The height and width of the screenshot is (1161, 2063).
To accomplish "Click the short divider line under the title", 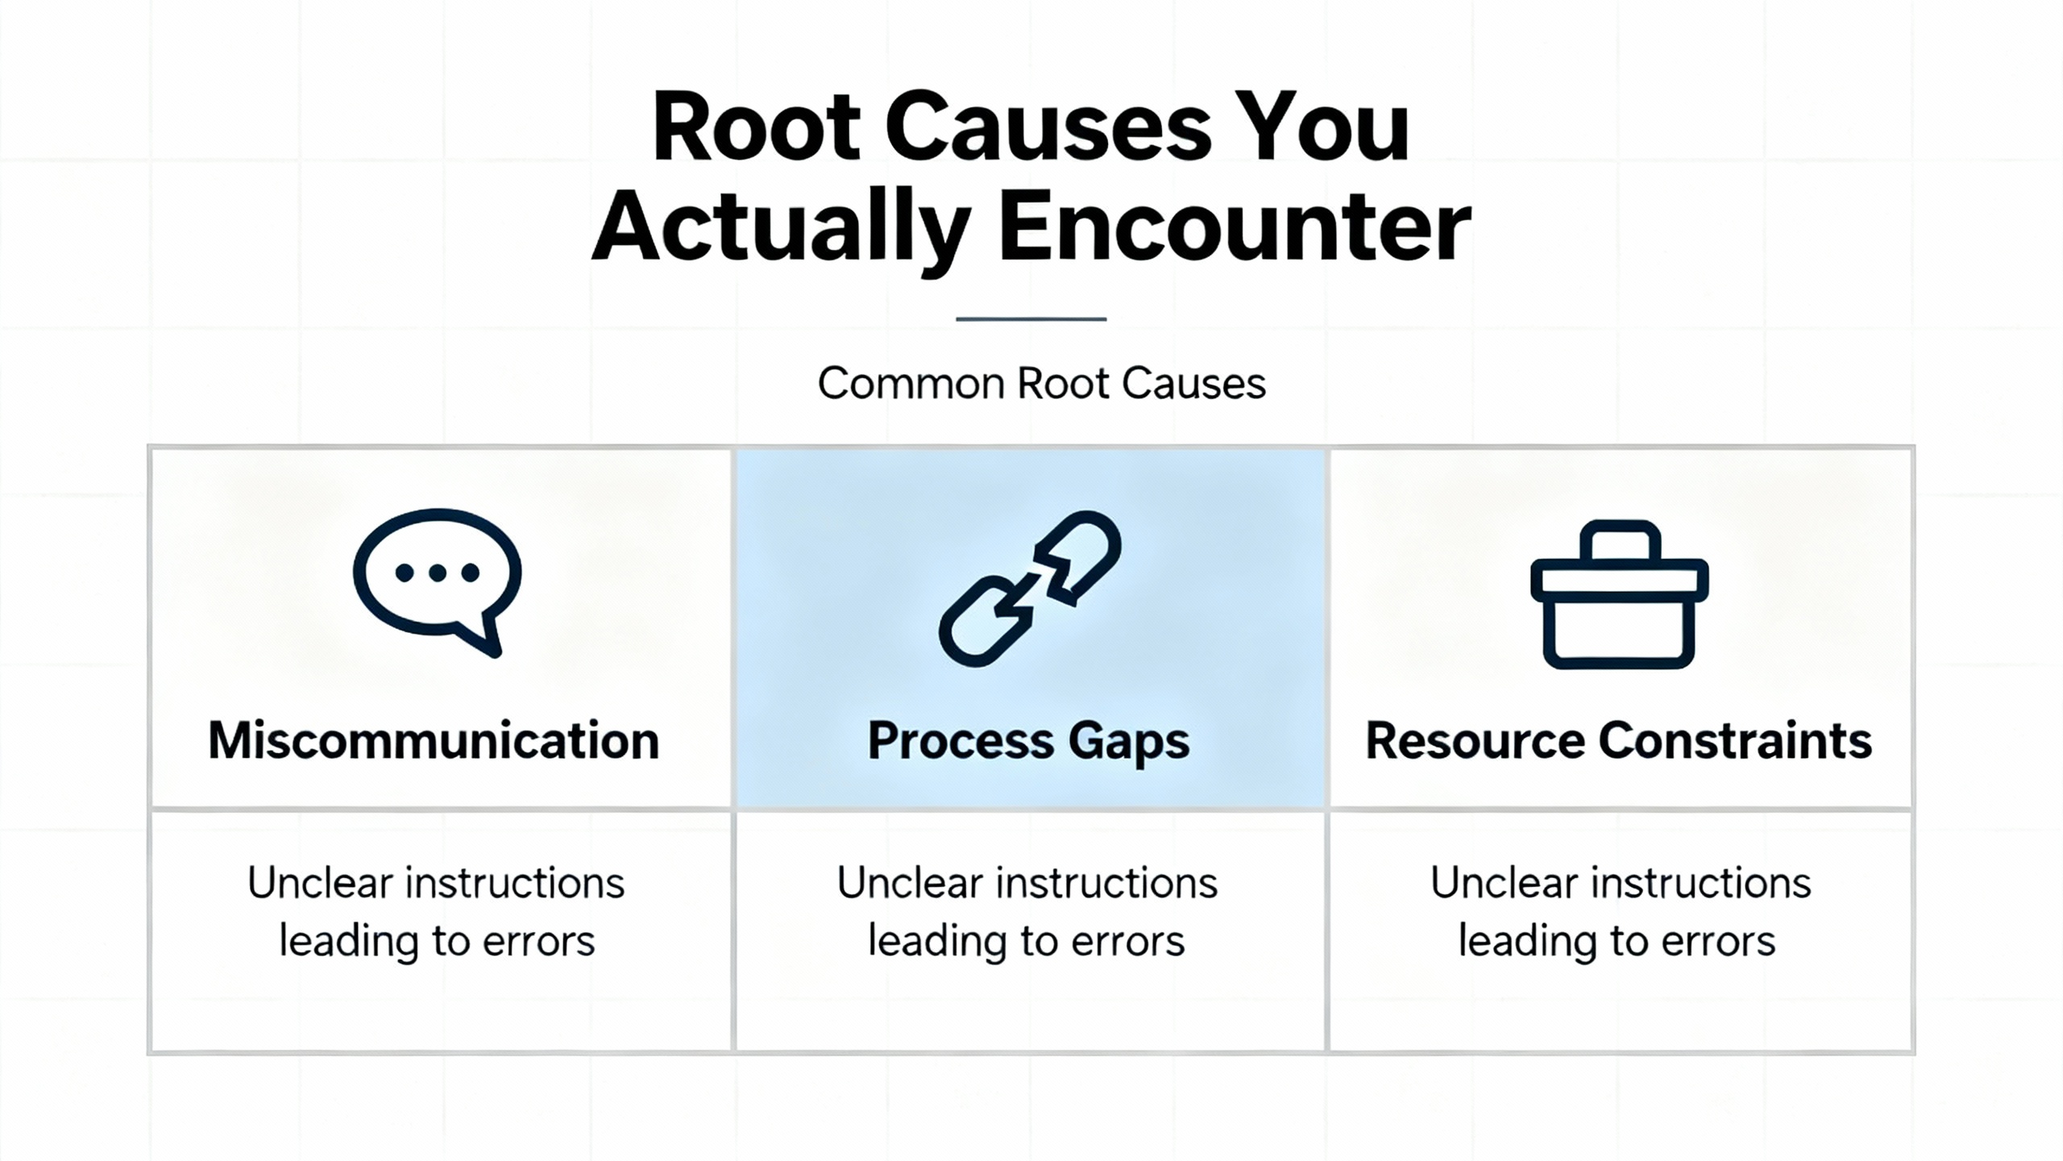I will tap(1031, 319).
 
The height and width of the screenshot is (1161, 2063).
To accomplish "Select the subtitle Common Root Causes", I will tap(1041, 383).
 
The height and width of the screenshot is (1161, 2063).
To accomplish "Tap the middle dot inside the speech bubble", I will tap(438, 573).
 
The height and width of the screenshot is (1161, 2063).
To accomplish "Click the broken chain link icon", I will tap(1029, 589).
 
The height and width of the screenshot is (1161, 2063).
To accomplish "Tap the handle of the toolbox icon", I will tap(1620, 539).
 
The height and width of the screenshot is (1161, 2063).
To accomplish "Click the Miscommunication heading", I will tap(434, 740).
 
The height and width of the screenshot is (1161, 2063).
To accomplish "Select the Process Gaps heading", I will tap(1028, 740).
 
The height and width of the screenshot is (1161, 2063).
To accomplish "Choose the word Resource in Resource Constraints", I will tap(1475, 740).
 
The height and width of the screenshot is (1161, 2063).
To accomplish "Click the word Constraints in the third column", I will tap(1735, 740).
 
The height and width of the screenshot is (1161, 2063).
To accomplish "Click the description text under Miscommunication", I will tap(436, 912).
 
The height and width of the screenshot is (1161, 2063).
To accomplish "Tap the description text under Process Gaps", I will tap(1027, 912).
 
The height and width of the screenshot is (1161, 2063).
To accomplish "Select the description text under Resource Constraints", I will tap(1620, 912).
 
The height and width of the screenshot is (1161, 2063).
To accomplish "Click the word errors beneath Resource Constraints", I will tap(1718, 942).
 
